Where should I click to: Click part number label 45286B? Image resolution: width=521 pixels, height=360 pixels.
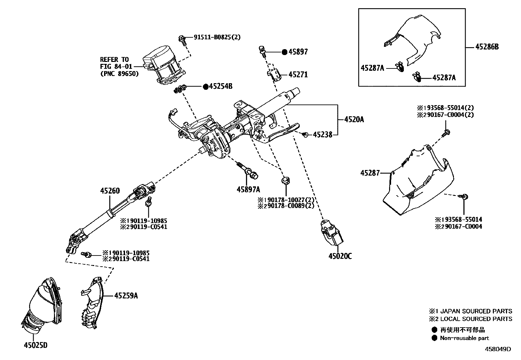(x=487, y=47)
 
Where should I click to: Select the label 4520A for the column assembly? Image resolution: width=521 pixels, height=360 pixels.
(x=354, y=120)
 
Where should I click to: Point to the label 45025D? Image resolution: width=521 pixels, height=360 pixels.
(x=36, y=345)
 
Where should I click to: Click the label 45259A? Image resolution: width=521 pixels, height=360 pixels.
(x=126, y=296)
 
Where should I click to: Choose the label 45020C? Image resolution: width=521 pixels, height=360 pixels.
(x=340, y=256)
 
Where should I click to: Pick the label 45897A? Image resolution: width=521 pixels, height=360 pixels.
(x=248, y=189)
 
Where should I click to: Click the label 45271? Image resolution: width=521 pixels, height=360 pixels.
(x=298, y=75)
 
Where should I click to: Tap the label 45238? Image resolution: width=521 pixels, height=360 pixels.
(x=323, y=134)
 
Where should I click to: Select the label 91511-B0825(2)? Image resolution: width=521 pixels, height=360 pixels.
(x=217, y=37)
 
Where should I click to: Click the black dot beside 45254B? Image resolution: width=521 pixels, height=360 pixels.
(x=206, y=86)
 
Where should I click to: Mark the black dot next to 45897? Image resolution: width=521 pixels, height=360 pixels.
(x=284, y=52)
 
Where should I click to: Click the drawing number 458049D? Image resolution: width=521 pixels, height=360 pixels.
(x=498, y=349)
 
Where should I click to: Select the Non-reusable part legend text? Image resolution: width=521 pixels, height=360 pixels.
(x=464, y=338)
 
